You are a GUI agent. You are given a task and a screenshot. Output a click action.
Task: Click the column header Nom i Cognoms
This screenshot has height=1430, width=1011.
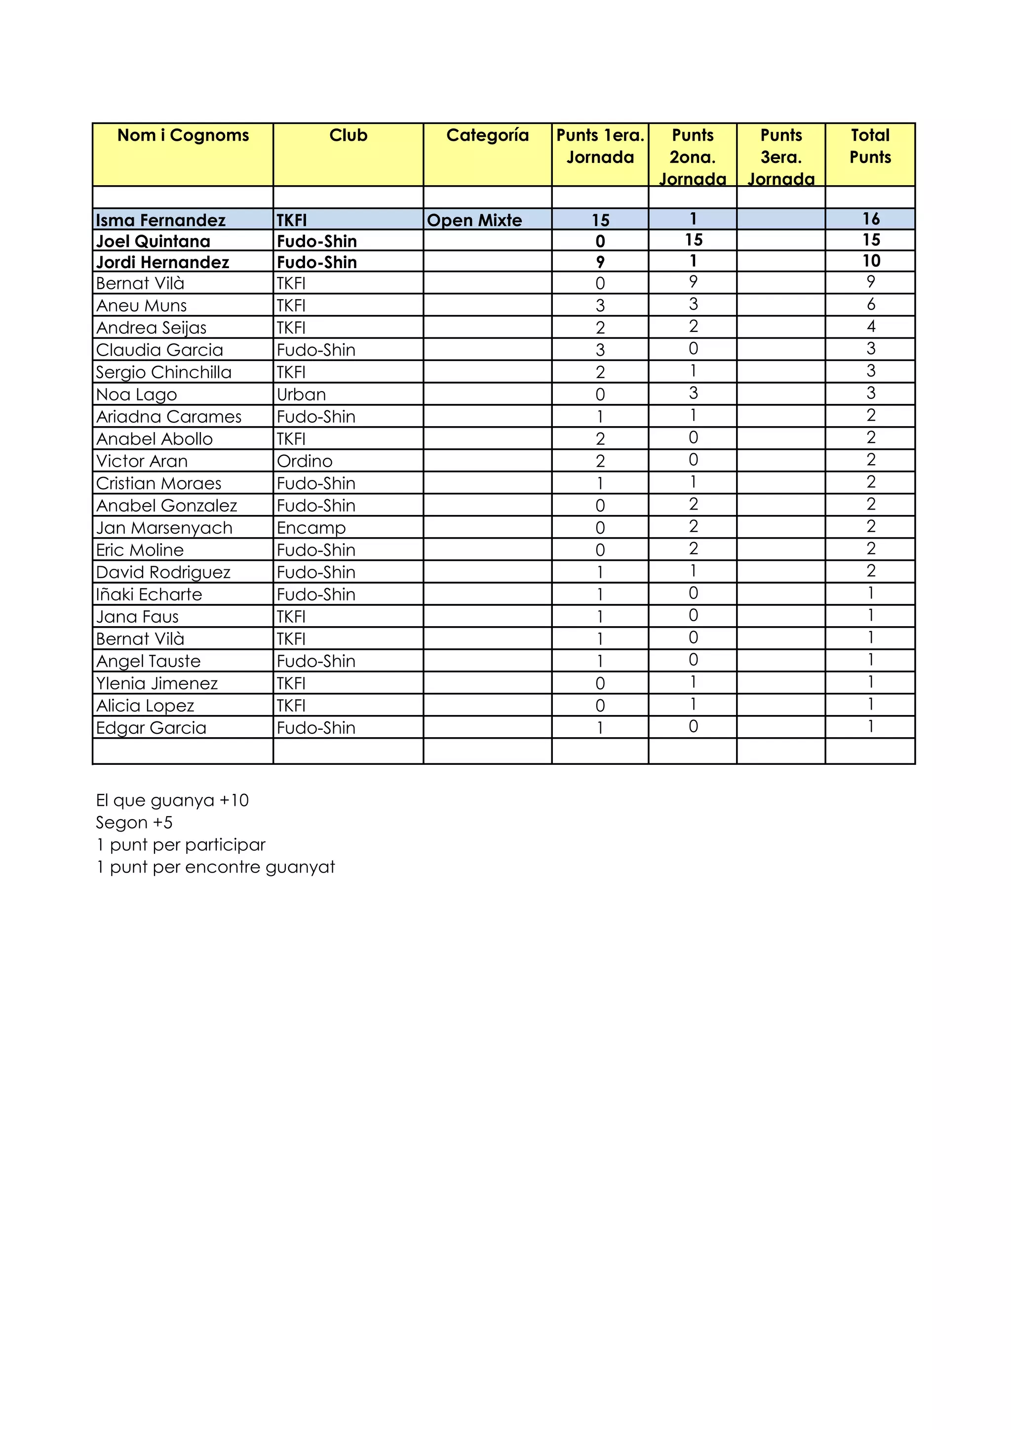pyautogui.click(x=183, y=135)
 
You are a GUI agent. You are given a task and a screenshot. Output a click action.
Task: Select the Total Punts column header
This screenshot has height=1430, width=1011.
pyautogui.click(x=870, y=146)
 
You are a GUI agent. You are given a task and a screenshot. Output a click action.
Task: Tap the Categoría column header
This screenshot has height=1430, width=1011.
pyautogui.click(x=487, y=135)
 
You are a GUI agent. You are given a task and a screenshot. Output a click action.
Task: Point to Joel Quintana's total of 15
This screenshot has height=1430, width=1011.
pyautogui.click(x=870, y=240)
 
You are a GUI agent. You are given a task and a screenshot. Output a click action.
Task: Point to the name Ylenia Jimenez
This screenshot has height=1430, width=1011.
pyautogui.click(x=157, y=683)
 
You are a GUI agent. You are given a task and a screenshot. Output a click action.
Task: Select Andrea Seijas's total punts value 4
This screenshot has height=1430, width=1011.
pyautogui.click(x=870, y=326)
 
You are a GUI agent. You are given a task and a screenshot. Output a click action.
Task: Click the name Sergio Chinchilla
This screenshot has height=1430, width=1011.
pyautogui.click(x=164, y=372)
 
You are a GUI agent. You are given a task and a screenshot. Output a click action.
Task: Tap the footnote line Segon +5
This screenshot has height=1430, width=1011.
pyautogui.click(x=134, y=822)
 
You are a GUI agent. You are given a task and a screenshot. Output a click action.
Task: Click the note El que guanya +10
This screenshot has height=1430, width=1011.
pyautogui.click(x=172, y=800)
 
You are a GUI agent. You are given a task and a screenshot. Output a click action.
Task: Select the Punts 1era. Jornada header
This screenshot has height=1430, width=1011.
pyautogui.click(x=599, y=146)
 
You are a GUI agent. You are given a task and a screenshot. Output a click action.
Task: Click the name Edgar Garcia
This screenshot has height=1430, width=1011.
pyautogui.click(x=151, y=727)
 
